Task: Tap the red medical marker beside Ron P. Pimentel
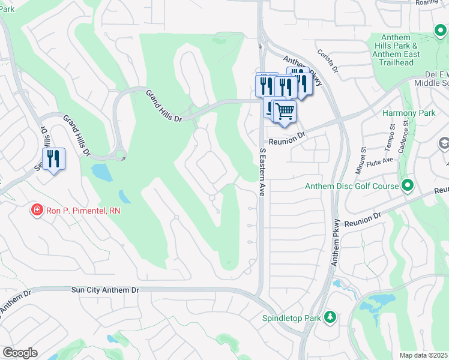(37, 210)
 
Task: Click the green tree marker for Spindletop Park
(329, 317)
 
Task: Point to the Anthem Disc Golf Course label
(351, 186)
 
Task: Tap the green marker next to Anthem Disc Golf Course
(408, 185)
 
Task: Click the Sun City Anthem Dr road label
(105, 290)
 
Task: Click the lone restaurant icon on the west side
(53, 159)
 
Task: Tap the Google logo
(20, 353)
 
